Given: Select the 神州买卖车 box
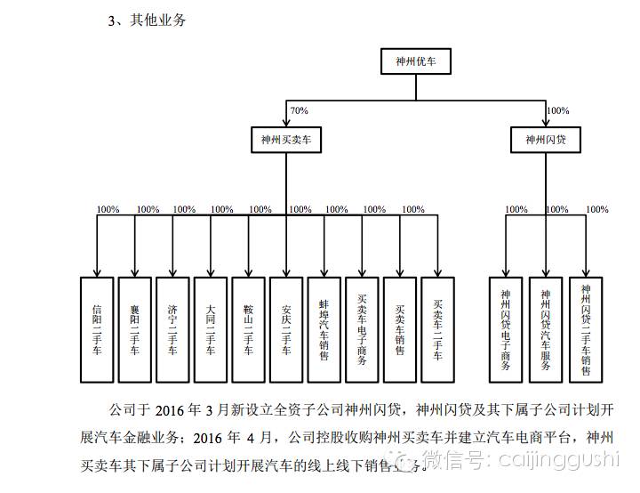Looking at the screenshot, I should (x=285, y=140).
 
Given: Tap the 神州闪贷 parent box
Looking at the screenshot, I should (x=546, y=140).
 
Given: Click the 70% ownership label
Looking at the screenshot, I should (x=299, y=110).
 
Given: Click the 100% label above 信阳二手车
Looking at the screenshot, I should (x=108, y=210).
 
